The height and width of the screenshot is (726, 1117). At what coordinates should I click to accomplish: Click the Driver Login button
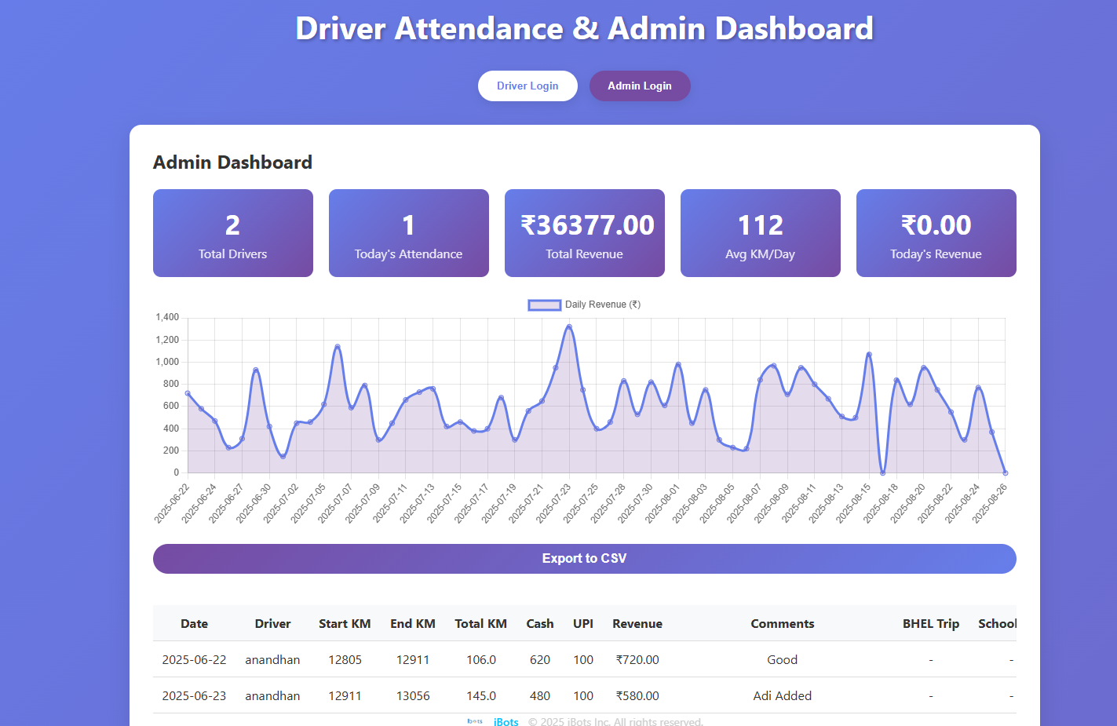coord(527,86)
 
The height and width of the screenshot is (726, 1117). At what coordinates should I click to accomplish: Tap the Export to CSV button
coord(584,559)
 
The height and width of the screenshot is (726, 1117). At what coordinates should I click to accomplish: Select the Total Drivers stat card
coord(232,233)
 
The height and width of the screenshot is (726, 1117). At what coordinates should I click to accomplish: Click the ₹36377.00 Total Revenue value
coord(587,225)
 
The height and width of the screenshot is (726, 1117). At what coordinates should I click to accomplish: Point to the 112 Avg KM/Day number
coord(760,225)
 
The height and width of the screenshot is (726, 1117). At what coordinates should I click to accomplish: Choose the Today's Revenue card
coord(936,233)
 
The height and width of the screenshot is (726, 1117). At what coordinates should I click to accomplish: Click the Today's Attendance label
coord(408,254)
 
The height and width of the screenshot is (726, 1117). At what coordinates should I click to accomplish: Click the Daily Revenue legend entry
coord(585,305)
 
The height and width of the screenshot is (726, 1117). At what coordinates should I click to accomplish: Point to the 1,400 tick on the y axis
coord(167,317)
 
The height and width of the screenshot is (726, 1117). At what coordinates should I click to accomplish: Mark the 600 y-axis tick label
coord(170,406)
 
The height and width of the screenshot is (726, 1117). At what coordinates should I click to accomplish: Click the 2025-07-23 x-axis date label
coord(554,503)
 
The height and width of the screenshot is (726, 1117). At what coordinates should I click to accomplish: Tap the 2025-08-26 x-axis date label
coord(990,503)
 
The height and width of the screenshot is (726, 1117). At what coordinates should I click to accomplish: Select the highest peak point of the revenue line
coord(569,327)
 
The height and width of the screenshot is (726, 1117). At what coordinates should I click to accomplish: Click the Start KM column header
coord(345,624)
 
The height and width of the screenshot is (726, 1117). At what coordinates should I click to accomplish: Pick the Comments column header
coord(782,624)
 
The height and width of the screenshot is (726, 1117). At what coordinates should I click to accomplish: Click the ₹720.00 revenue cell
coord(637,660)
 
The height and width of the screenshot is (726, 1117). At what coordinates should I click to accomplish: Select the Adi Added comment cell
coord(782,696)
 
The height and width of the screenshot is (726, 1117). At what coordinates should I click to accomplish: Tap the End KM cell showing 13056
coord(413,696)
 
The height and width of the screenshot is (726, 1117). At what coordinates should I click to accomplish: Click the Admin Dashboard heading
coord(232,162)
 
